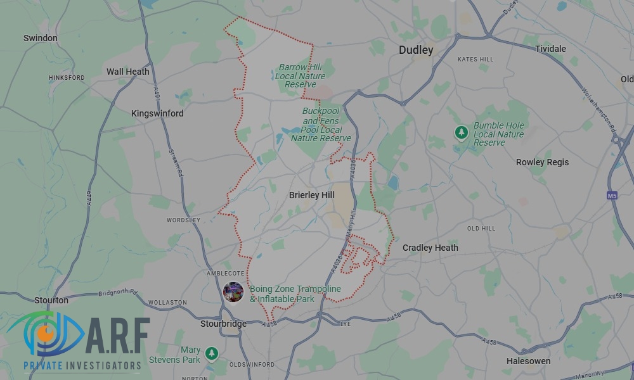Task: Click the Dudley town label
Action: tap(416, 50)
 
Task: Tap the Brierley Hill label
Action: tap(311, 195)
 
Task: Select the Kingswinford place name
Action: tap(157, 113)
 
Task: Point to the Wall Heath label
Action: tap(127, 72)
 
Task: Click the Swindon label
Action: tap(41, 38)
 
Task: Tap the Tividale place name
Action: tap(550, 49)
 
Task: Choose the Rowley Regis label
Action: tap(542, 162)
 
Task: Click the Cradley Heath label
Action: tap(430, 248)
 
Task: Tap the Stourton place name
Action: tap(52, 300)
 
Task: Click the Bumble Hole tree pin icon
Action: tap(461, 132)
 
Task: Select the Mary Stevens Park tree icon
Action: tap(211, 353)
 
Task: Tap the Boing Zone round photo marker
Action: tap(233, 291)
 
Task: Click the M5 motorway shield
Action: tap(612, 196)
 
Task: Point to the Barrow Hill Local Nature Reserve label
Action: tap(300, 76)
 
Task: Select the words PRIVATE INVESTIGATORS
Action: tap(82, 365)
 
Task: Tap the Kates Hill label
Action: tap(475, 60)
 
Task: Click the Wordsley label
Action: tap(183, 220)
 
